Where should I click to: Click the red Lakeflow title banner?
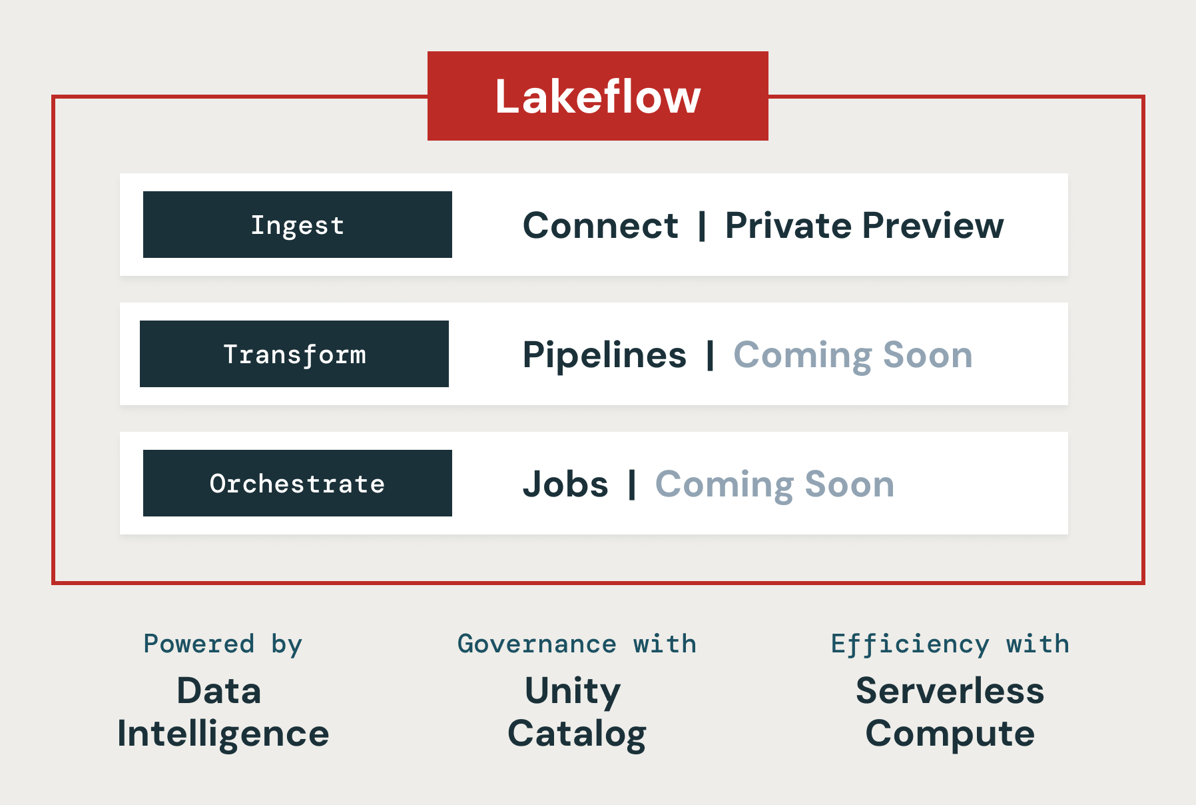598,96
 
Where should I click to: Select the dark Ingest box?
298,225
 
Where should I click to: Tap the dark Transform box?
294,354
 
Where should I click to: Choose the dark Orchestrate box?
298,483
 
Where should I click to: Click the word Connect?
601,225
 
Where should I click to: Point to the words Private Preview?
864,225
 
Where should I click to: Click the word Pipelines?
605,355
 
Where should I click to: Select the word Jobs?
565,484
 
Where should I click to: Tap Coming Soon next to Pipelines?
853,356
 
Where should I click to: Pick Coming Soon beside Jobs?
775,485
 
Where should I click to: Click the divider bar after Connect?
702,225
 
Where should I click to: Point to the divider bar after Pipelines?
711,355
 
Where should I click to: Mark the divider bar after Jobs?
632,484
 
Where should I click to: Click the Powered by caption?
223,644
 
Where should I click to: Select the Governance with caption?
577,644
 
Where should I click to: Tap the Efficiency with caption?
950,644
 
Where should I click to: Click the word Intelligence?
223,734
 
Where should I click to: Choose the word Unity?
573,692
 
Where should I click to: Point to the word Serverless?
950,690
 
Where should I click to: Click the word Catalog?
577,734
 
